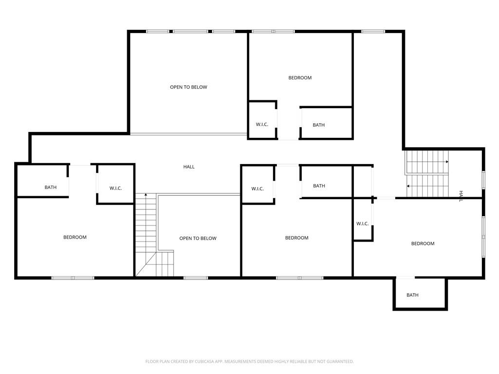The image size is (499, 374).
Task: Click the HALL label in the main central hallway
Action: click(189, 167)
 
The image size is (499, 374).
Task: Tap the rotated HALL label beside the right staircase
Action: click(461, 196)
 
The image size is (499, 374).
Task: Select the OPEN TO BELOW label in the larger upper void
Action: click(188, 87)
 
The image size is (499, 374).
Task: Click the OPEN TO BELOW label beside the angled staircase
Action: click(198, 238)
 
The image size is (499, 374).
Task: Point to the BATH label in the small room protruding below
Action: click(412, 295)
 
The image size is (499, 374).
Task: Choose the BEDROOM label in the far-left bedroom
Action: click(75, 237)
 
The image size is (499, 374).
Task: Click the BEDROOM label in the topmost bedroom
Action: click(300, 77)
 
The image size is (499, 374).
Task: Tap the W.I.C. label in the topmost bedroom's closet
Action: click(262, 125)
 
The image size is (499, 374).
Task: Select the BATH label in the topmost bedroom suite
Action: click(319, 125)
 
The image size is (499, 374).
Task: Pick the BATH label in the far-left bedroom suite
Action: click(51, 187)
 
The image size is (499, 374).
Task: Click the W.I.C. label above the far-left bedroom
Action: click(115, 188)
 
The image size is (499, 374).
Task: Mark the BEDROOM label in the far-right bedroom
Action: click(422, 243)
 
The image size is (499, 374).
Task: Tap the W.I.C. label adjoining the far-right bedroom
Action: click(362, 224)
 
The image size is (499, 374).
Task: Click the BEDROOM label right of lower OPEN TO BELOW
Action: click(297, 238)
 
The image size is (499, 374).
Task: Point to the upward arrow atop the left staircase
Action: click(146, 195)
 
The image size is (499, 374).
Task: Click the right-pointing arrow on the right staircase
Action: click(446, 161)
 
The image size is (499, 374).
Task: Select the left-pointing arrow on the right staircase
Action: click(408, 186)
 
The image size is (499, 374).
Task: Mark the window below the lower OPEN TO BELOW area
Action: click(195, 278)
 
